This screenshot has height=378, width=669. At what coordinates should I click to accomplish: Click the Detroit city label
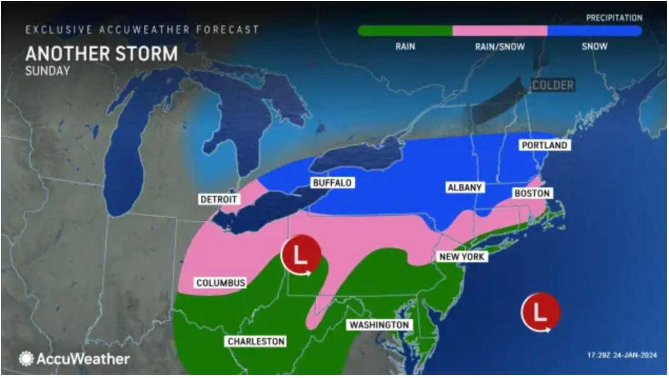(219, 199)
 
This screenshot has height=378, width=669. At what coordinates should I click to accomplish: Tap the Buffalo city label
(332, 183)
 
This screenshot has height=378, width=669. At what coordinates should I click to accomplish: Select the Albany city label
(464, 187)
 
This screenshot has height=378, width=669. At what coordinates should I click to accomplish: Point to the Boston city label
(532, 194)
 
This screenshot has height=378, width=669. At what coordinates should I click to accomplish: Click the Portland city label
(544, 145)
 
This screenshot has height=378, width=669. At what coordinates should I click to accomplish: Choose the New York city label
(462, 257)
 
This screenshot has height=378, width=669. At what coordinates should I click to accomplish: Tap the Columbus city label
(221, 283)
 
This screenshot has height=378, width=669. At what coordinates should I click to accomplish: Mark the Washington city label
(379, 325)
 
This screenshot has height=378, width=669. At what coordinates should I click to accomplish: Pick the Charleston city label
(256, 341)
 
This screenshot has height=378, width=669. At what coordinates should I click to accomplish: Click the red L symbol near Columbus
(301, 256)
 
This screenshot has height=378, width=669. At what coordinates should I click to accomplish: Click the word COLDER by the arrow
(553, 85)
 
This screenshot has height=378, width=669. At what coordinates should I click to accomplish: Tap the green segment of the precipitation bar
(405, 31)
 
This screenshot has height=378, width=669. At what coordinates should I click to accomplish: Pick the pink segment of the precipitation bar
(500, 31)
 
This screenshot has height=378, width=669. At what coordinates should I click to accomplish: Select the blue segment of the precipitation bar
(594, 31)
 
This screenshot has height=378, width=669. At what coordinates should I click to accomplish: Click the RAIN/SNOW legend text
(500, 46)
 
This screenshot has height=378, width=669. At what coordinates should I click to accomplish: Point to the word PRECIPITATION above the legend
(614, 18)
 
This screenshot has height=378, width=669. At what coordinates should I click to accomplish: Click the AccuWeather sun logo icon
(26, 359)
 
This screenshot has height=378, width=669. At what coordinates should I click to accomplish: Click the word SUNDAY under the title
(47, 71)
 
